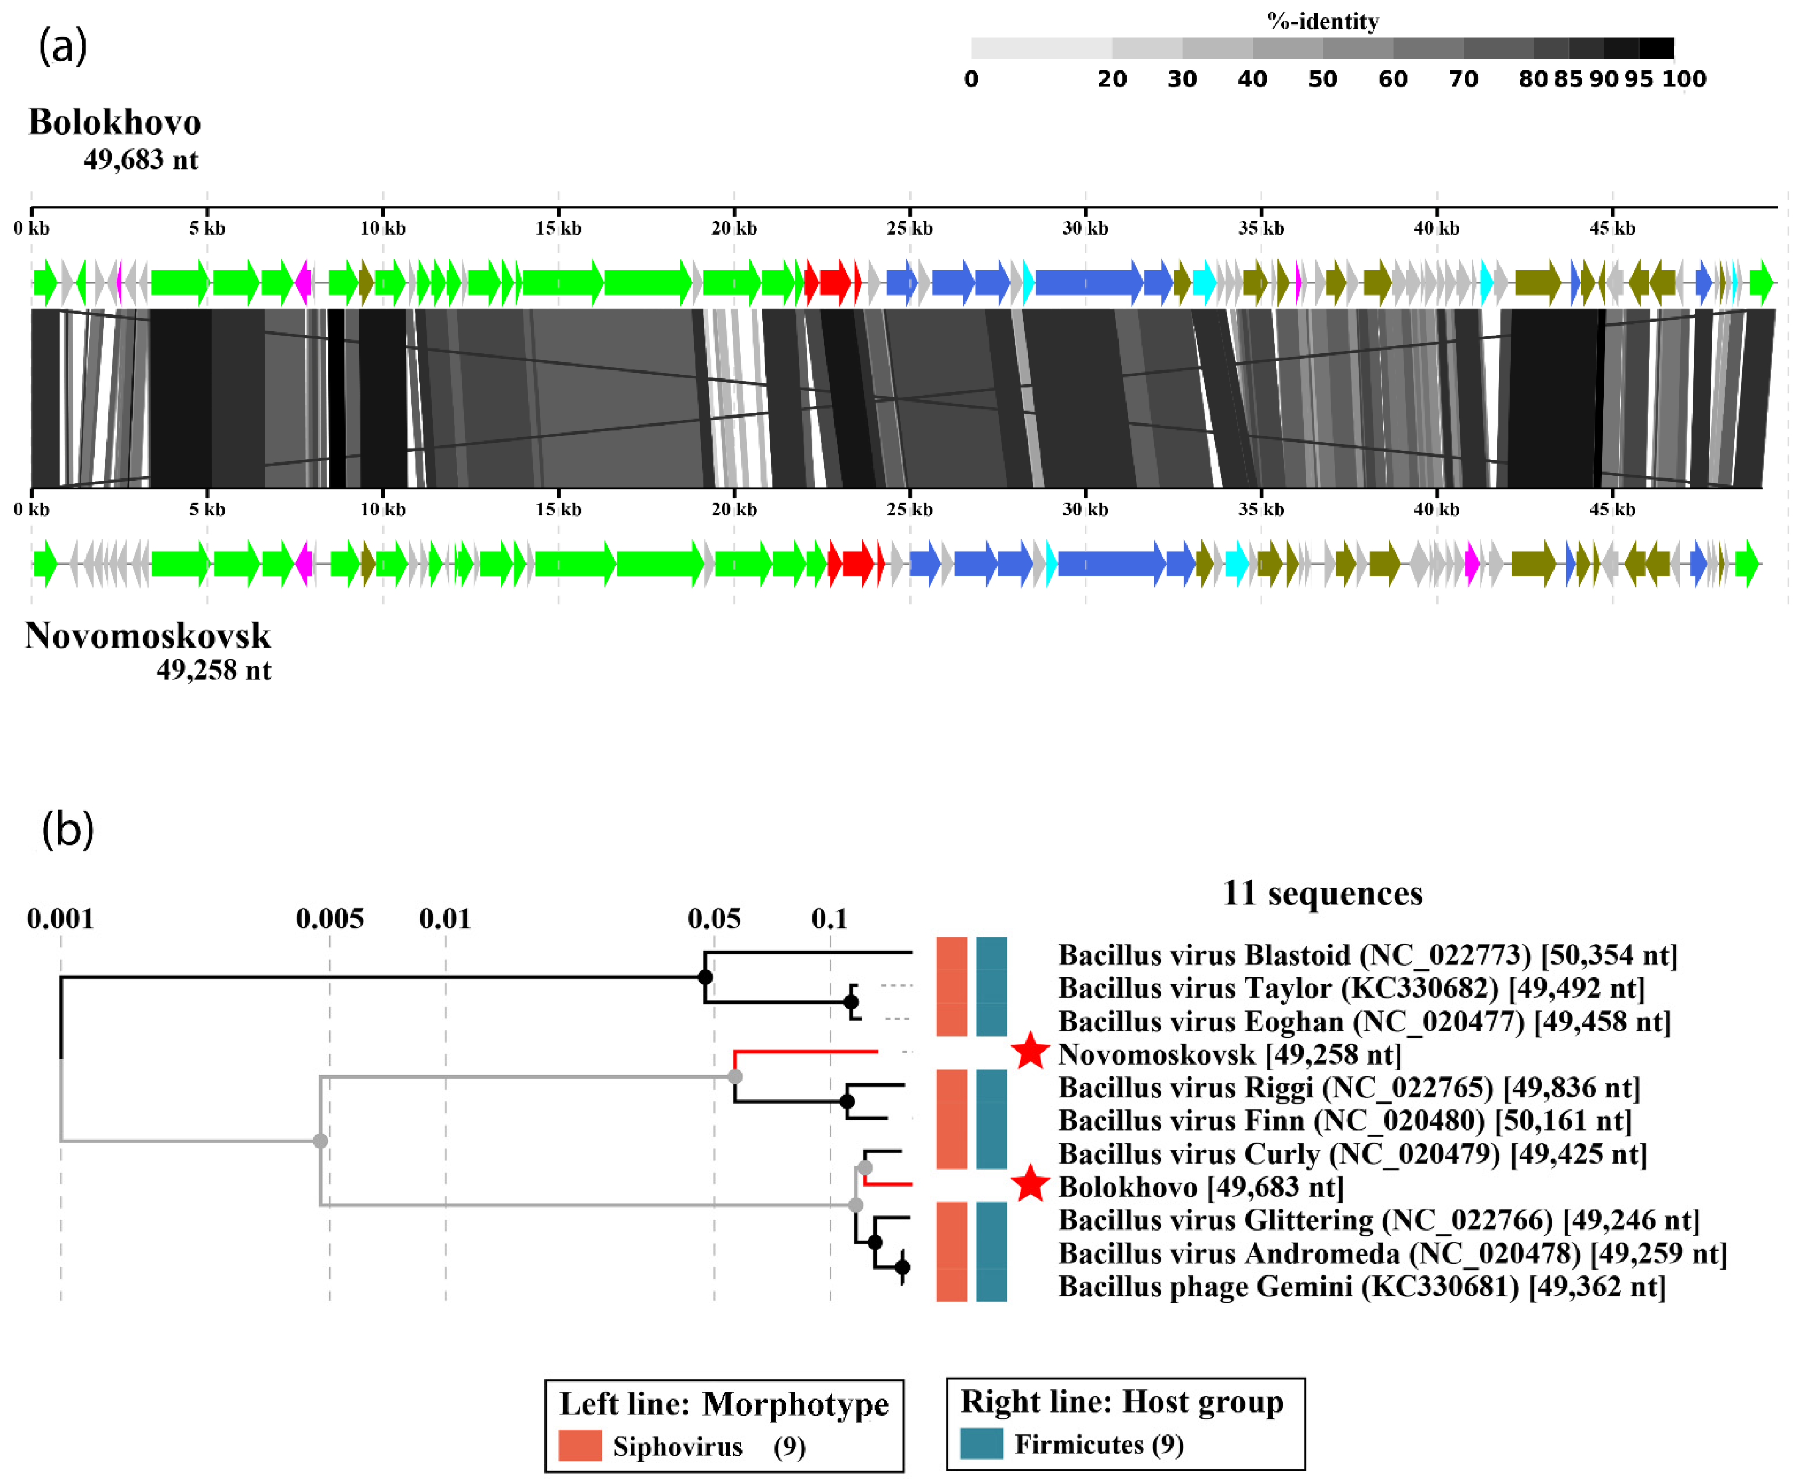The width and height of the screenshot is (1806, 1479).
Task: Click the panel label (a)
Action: coord(62,46)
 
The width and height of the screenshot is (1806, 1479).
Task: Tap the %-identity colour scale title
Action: coord(1322,21)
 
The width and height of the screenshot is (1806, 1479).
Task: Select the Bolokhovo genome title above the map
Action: coord(115,123)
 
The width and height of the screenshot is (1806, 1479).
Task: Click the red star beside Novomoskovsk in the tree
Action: coord(1030,1052)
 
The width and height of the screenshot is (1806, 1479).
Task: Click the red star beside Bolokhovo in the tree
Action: coord(1030,1184)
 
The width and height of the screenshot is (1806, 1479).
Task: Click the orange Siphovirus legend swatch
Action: coord(580,1446)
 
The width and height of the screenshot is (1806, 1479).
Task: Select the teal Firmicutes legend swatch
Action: coord(981,1444)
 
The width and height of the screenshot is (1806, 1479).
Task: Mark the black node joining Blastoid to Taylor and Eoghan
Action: coord(705,977)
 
